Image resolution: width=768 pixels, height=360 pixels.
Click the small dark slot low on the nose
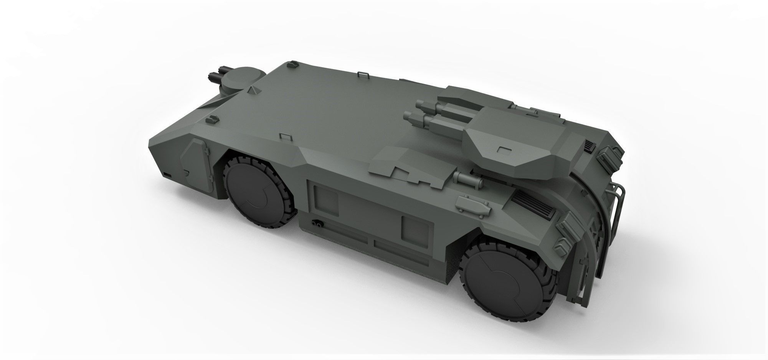[x=168, y=174]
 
